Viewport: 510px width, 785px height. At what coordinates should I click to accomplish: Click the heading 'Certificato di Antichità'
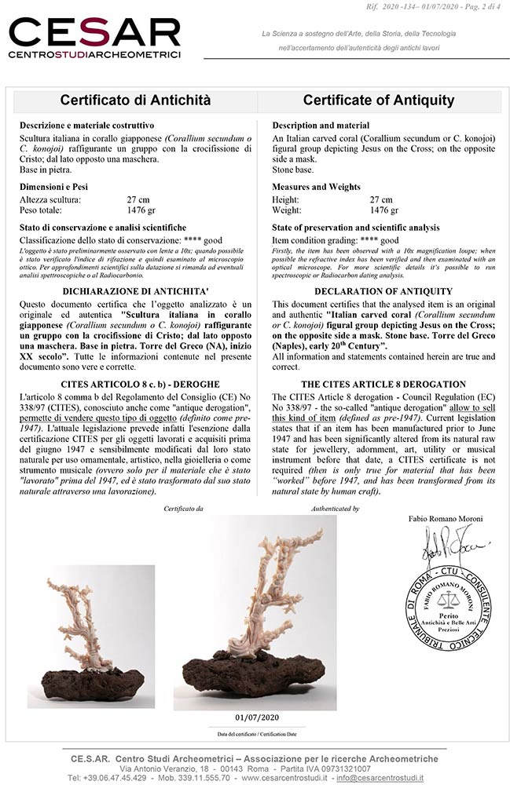135,100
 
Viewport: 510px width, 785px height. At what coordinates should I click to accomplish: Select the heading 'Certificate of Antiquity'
379,100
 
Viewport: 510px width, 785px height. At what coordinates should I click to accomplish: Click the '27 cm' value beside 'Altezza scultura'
138,200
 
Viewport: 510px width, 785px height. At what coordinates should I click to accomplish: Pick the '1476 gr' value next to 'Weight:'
383,210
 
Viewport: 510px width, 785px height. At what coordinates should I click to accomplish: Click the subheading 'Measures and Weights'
316,187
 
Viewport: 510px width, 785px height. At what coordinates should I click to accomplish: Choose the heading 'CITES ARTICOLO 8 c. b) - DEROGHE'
135,384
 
